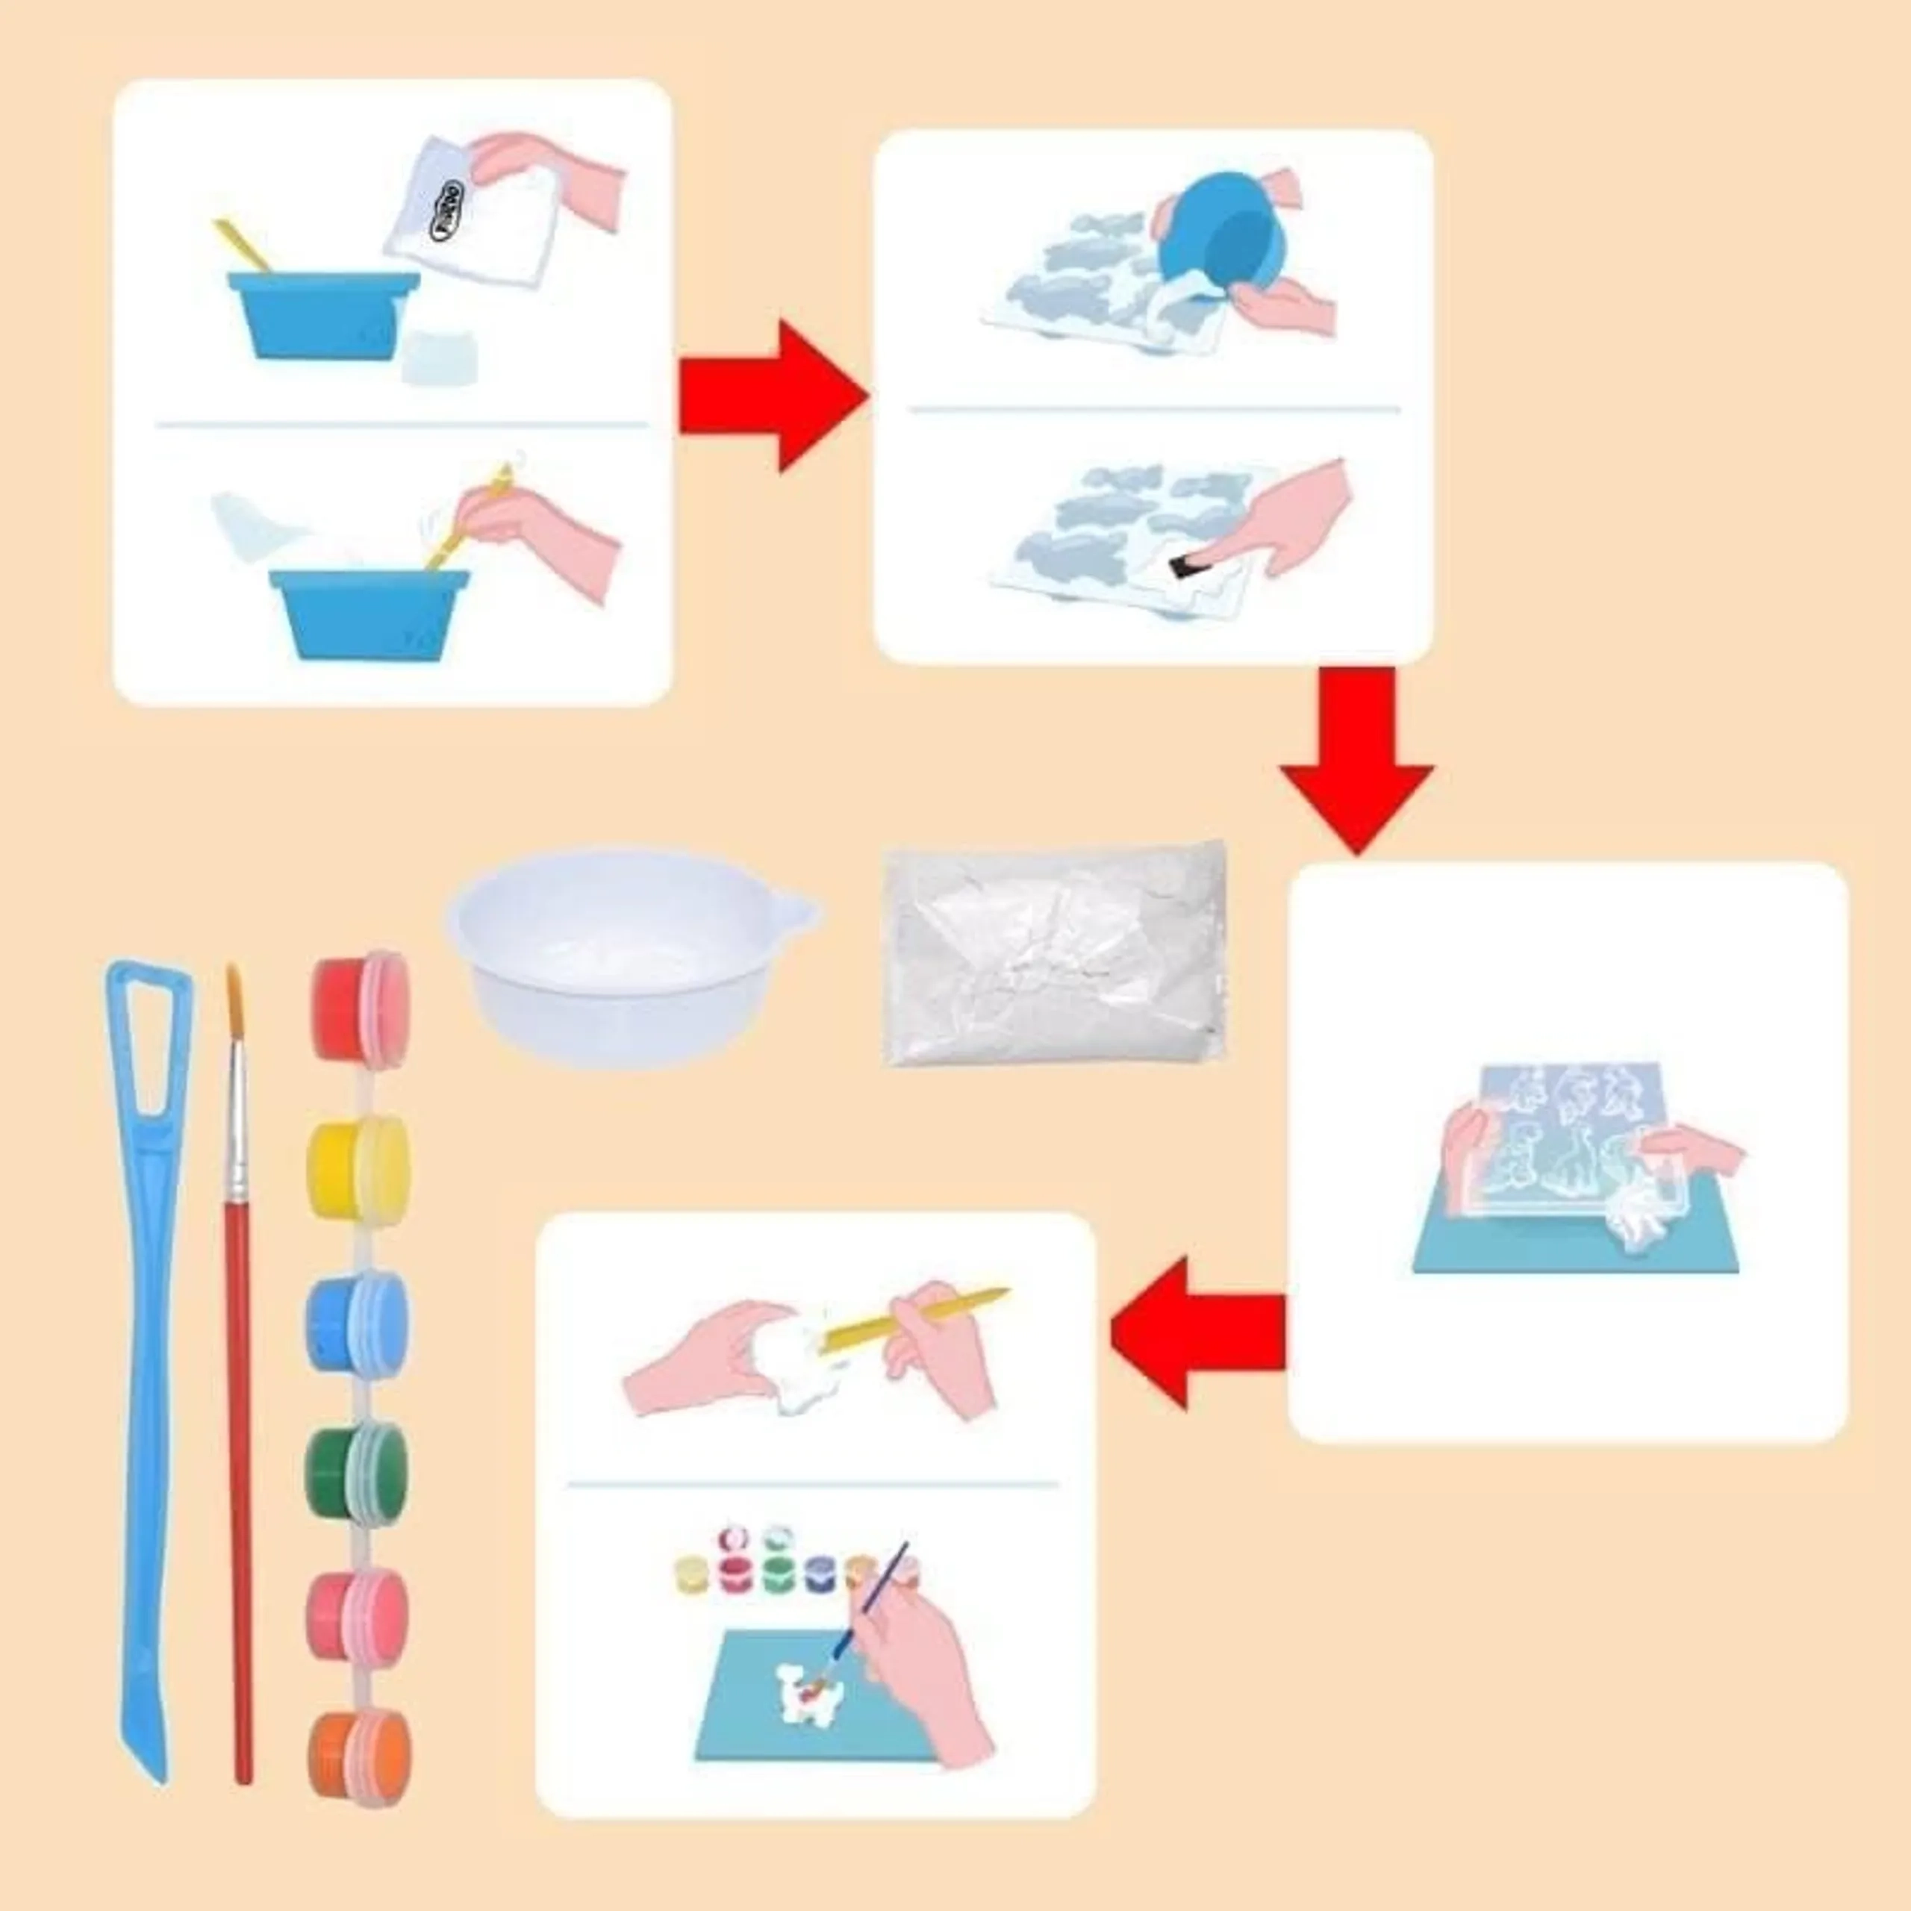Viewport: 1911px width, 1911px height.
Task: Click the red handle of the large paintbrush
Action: tap(240, 1484)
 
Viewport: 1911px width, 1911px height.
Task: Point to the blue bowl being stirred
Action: tap(368, 611)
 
